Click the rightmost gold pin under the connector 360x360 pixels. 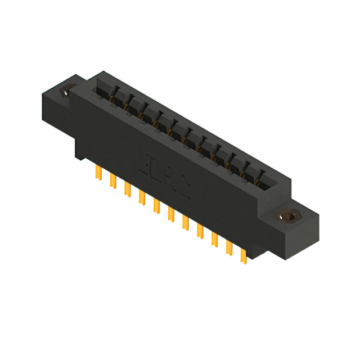coord(244,254)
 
